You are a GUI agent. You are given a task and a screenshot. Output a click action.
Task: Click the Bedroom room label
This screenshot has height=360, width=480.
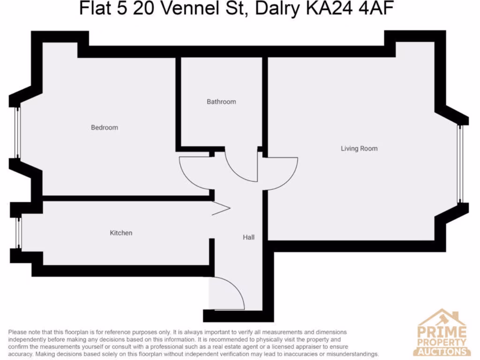[x=104, y=127]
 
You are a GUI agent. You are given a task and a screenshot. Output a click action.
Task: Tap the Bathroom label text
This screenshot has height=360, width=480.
[x=221, y=102]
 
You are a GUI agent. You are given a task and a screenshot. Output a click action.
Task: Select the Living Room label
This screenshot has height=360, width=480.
[x=359, y=149]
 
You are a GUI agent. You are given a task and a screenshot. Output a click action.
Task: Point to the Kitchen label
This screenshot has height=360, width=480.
[x=121, y=233]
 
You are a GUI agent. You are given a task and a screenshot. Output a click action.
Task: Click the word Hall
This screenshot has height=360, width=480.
[x=248, y=238]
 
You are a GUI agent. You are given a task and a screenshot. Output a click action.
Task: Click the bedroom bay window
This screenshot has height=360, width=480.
[x=17, y=132]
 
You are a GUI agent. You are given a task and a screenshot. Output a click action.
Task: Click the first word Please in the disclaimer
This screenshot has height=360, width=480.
[x=18, y=332]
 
